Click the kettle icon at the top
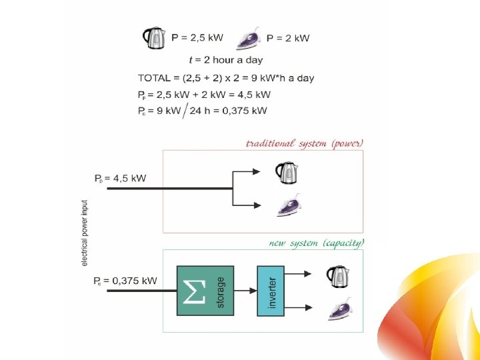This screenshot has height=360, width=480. [x=154, y=38]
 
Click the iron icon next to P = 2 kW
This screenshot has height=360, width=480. [x=249, y=41]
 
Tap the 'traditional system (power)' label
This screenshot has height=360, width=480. [x=305, y=143]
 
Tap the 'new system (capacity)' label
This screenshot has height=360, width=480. [x=317, y=243]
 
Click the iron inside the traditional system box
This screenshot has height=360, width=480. [x=287, y=208]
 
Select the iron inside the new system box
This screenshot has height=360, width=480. [x=337, y=308]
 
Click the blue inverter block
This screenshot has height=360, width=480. [x=271, y=291]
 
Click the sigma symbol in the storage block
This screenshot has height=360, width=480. [x=194, y=291]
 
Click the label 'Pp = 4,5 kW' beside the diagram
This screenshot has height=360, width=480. [x=120, y=179]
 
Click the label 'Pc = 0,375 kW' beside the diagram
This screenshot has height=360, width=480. [x=125, y=281]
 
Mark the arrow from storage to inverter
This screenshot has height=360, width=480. [x=245, y=291]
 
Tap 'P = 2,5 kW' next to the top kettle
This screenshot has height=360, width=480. [x=199, y=38]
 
